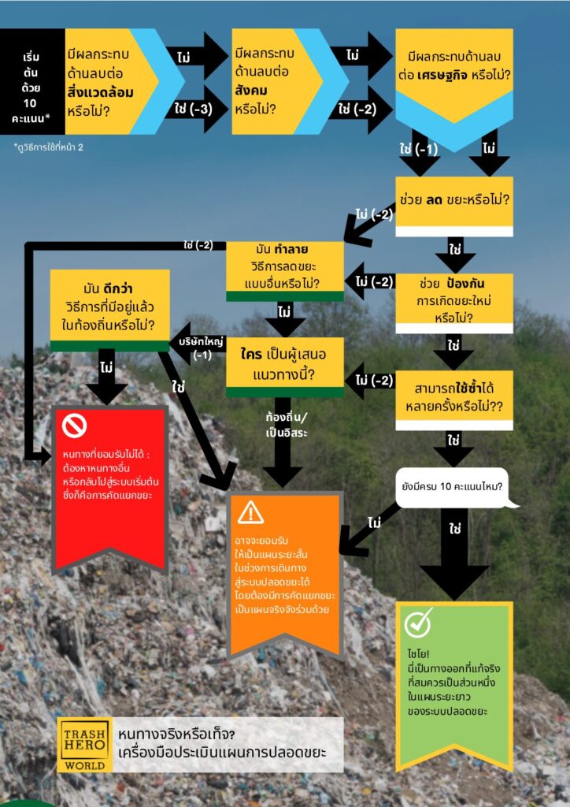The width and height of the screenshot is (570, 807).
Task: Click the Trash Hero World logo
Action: (85, 744)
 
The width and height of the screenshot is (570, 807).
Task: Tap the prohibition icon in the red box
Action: (74, 426)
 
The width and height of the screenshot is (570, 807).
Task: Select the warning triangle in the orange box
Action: (250, 512)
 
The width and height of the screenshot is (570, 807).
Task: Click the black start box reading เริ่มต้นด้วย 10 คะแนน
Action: (31, 81)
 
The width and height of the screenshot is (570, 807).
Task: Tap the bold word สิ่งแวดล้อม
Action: (100, 93)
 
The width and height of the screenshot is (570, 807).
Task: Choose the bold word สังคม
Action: (251, 91)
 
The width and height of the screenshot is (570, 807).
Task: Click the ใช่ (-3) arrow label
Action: (193, 109)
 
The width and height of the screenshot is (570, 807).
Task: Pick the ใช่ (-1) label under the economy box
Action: (418, 149)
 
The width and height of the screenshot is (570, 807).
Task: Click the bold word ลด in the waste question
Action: (434, 199)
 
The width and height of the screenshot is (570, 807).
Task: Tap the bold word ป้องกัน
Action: (465, 284)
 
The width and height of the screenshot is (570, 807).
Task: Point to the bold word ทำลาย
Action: (291, 250)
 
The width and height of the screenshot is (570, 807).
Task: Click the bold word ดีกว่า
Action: (118, 288)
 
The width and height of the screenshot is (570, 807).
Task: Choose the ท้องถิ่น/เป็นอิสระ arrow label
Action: (287, 425)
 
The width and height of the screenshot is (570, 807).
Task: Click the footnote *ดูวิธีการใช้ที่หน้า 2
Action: (48, 147)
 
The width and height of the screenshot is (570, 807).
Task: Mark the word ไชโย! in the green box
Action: (418, 654)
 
